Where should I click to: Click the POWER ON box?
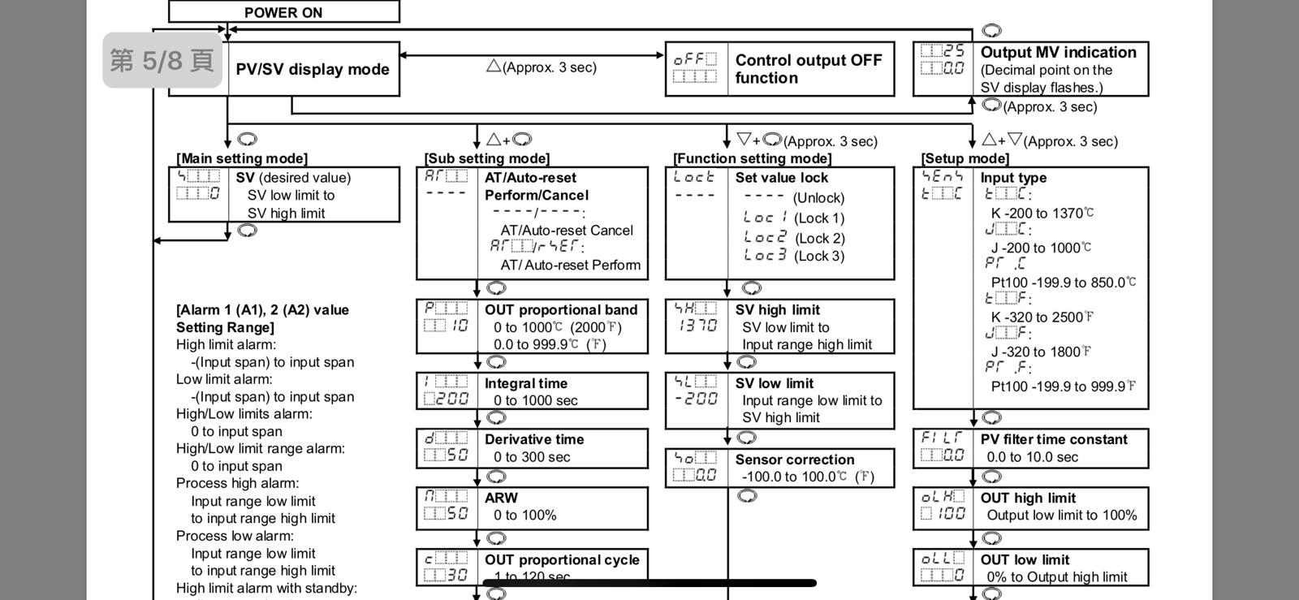click(x=283, y=12)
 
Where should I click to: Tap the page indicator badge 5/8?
click(x=162, y=60)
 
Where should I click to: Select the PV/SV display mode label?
click(x=313, y=70)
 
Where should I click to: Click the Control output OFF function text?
click(x=808, y=69)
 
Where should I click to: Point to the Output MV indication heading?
click(x=1058, y=53)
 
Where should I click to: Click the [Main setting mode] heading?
click(x=242, y=158)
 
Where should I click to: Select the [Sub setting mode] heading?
click(x=486, y=158)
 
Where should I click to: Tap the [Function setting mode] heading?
click(x=752, y=158)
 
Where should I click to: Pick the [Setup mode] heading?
click(x=965, y=158)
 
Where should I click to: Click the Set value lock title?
click(x=782, y=178)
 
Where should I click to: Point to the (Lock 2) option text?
click(x=819, y=238)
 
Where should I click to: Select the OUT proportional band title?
click(x=561, y=310)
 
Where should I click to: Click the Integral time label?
click(x=526, y=383)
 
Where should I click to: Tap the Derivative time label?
click(x=534, y=439)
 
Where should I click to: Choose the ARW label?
click(x=501, y=498)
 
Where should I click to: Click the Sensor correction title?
click(x=795, y=460)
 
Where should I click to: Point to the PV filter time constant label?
click(x=1054, y=439)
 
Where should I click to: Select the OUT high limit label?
click(x=1028, y=498)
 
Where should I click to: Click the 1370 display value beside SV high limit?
click(x=696, y=326)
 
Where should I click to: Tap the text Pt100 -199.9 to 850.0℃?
click(x=1063, y=283)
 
